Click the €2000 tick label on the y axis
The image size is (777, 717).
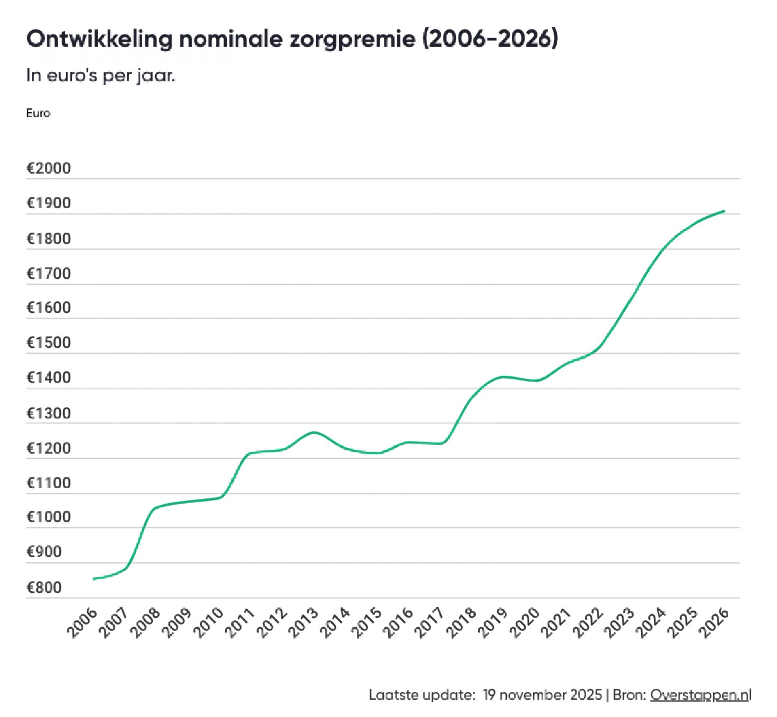pyautogui.click(x=49, y=168)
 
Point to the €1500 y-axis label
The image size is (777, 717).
pyautogui.click(x=49, y=343)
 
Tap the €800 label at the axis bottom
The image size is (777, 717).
pyautogui.click(x=44, y=588)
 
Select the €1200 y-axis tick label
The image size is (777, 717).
pyautogui.click(x=49, y=448)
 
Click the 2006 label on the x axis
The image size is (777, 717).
pyautogui.click(x=83, y=623)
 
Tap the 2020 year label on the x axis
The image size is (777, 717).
pyautogui.click(x=525, y=623)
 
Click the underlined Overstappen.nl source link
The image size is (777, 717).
pyautogui.click(x=700, y=695)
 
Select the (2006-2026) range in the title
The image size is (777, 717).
pyautogui.click(x=490, y=39)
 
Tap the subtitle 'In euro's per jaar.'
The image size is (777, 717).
pyautogui.click(x=101, y=76)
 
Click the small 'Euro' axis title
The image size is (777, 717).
pyautogui.click(x=38, y=113)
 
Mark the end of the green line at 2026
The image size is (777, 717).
pyautogui.click(x=724, y=211)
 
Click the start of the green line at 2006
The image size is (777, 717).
pyautogui.click(x=94, y=579)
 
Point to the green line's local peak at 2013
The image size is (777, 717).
pyautogui.click(x=314, y=433)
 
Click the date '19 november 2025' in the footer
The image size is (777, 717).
pyautogui.click(x=542, y=695)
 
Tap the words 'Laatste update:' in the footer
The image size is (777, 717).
pyautogui.click(x=422, y=695)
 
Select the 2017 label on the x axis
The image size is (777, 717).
pyautogui.click(x=430, y=623)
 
